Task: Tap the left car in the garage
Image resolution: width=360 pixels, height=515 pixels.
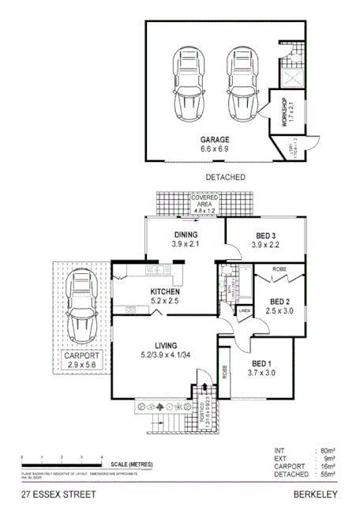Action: click(190, 82)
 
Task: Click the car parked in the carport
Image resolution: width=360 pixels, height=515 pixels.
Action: click(81, 311)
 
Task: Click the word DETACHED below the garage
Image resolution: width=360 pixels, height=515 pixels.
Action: click(225, 177)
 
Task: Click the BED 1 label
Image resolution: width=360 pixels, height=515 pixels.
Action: click(261, 367)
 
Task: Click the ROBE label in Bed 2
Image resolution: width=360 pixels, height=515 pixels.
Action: click(279, 269)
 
